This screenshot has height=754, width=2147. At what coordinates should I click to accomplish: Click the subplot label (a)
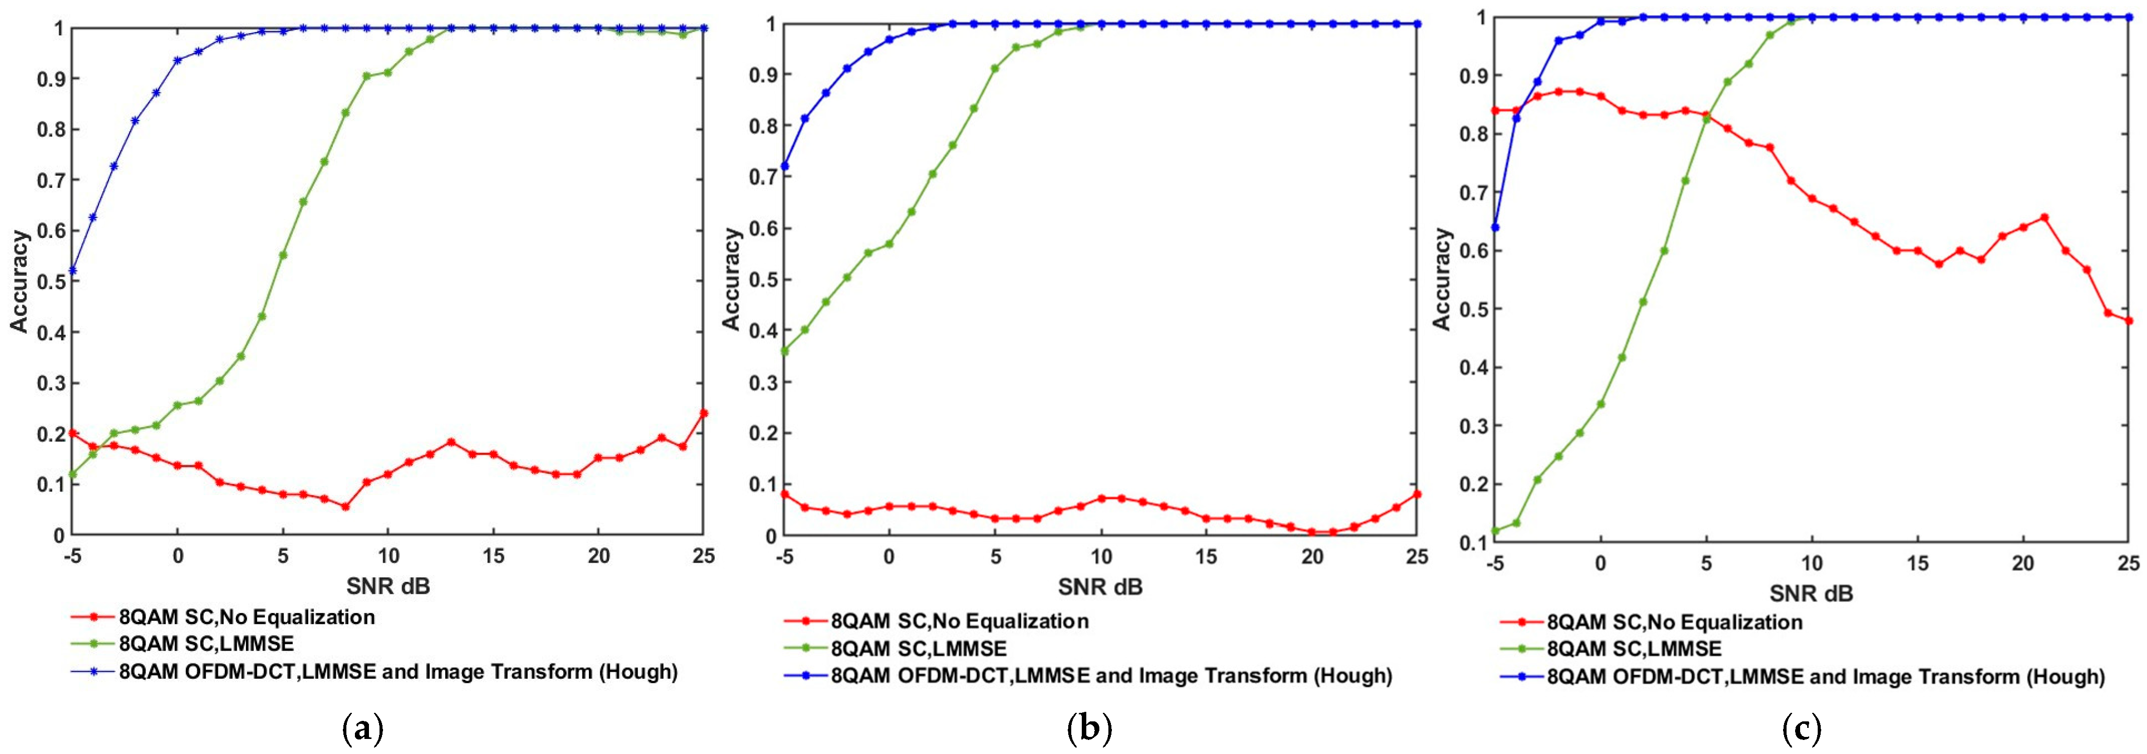[x=363, y=730]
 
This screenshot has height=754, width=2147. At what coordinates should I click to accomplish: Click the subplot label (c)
[x=1801, y=730]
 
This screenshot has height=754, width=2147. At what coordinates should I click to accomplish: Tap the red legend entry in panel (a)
[x=246, y=617]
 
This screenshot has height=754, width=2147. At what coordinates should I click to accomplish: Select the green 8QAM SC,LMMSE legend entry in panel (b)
[x=919, y=648]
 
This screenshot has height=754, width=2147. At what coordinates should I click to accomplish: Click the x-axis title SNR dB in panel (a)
[x=389, y=586]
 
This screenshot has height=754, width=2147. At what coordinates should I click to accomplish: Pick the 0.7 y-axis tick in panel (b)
[x=761, y=177]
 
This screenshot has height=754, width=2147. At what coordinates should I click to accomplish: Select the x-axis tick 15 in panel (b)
[x=1206, y=557]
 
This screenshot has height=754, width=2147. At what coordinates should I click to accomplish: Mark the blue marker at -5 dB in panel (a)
[x=72, y=271]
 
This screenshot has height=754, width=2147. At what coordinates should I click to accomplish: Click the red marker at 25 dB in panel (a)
[x=703, y=413]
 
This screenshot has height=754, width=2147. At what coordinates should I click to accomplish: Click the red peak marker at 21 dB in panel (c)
[x=2044, y=217]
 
